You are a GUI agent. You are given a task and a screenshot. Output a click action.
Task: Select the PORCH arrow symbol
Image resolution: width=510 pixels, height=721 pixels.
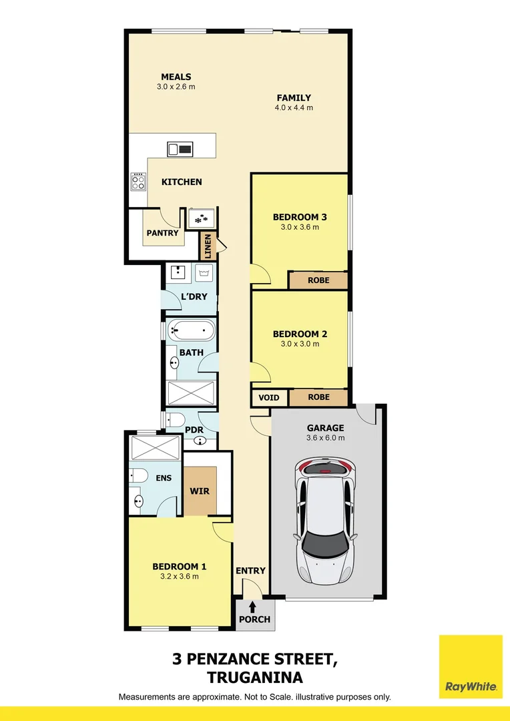[254, 606]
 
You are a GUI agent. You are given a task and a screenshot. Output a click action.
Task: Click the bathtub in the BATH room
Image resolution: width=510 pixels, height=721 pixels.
[191, 329]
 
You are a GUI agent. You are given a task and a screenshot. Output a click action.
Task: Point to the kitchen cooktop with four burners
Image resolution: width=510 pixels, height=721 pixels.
[138, 181]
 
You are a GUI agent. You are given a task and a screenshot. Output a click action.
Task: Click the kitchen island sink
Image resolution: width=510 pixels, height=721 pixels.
[180, 150]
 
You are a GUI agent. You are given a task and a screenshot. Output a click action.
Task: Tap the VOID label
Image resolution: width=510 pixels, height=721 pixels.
[269, 397]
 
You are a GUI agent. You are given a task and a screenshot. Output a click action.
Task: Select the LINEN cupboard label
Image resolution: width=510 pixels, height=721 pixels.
[208, 246]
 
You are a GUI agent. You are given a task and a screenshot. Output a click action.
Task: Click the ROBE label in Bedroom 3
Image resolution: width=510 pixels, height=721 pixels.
[318, 280]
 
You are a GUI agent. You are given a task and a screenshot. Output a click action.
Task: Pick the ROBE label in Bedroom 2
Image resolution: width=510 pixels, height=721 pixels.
[318, 397]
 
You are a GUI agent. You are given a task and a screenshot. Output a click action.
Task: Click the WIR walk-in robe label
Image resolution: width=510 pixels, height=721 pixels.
[200, 491]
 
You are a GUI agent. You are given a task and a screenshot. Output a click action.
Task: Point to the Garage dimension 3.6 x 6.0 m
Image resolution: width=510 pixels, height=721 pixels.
[325, 438]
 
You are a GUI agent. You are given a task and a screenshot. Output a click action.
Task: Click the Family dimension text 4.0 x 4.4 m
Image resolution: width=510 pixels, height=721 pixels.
[294, 107]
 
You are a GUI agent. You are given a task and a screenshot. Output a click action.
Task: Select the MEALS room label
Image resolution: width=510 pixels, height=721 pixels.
[176, 77]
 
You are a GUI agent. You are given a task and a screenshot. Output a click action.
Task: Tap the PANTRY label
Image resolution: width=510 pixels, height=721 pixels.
[163, 233]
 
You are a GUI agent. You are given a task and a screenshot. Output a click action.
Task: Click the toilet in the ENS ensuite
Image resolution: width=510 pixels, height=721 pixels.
[138, 475]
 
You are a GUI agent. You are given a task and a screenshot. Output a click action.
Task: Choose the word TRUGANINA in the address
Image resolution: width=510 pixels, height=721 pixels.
[254, 678]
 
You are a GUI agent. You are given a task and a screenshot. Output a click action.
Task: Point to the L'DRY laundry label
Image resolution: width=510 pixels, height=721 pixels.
[194, 296]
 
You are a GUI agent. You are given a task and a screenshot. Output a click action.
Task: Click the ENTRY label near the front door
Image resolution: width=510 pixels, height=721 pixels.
[250, 571]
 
